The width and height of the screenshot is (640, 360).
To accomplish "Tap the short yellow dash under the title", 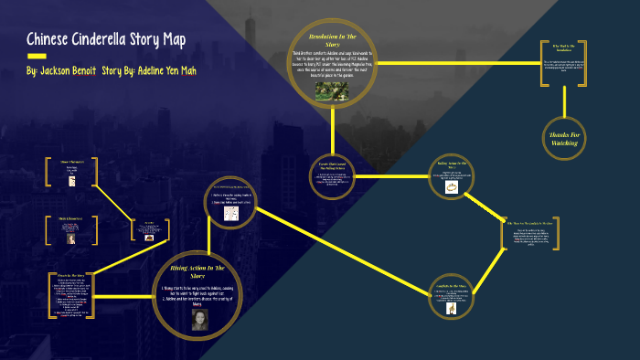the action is [37, 58].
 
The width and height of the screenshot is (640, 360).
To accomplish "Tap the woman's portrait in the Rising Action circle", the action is [198, 320].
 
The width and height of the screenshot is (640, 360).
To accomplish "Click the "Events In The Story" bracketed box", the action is [70, 295].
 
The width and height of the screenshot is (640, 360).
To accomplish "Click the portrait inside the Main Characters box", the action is [70, 238].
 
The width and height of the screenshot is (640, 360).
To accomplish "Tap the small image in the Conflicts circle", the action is [452, 309].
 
